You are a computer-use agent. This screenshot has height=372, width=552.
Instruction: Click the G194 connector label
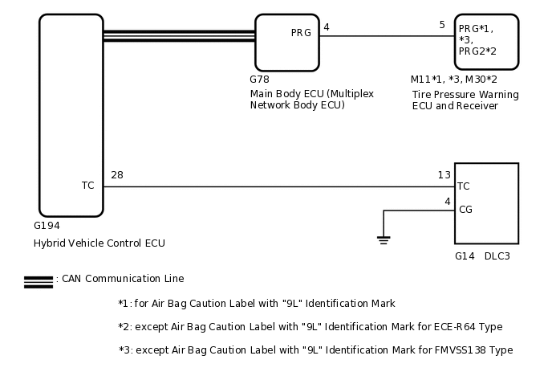(47, 226)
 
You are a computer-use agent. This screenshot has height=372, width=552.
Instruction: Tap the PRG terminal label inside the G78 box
(301, 33)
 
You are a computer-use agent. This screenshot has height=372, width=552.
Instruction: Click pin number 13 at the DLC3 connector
(444, 175)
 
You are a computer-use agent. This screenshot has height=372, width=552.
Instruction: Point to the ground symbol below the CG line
(384, 239)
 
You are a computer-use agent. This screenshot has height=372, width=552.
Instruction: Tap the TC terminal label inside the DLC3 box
(463, 186)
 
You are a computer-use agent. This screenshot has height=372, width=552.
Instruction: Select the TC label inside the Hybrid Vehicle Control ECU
(87, 186)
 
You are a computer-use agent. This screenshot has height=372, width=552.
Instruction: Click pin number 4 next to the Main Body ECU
(326, 27)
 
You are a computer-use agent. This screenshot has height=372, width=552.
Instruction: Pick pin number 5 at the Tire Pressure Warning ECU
(441, 25)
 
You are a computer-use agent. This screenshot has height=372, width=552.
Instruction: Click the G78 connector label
(259, 80)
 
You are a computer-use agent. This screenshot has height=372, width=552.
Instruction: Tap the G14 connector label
(465, 256)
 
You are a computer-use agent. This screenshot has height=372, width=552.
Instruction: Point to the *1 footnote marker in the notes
(123, 304)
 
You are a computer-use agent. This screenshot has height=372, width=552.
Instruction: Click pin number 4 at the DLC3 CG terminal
(447, 201)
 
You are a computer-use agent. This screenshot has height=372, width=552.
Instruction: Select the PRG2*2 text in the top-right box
(477, 51)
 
